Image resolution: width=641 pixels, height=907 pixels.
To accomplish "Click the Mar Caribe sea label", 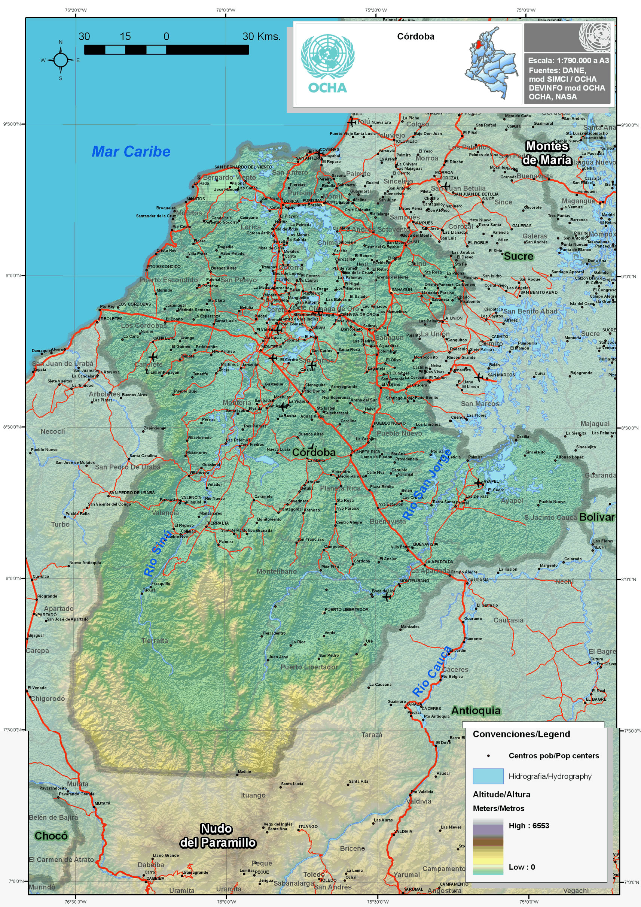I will point(131,151).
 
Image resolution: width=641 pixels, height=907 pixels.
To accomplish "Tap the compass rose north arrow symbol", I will point(60,60).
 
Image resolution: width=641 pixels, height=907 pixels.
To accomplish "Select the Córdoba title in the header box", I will point(415,36).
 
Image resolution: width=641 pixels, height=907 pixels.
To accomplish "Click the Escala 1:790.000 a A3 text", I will point(568,60).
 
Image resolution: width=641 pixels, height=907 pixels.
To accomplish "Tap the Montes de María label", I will point(547,153).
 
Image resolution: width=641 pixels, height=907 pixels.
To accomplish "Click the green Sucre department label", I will point(518,257).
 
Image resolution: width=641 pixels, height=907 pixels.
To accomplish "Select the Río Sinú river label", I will point(157,553).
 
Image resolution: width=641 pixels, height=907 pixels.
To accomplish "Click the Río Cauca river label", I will point(431,671).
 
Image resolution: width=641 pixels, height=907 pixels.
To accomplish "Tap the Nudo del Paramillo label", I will point(217,835).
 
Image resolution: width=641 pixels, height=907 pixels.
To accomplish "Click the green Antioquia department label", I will point(476,711).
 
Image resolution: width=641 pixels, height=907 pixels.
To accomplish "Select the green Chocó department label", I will point(51,835).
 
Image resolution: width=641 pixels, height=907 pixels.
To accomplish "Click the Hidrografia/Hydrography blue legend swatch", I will point(488,776).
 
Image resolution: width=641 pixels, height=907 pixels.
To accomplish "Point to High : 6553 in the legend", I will point(528,826).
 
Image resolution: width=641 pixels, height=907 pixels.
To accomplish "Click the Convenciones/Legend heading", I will point(521,734).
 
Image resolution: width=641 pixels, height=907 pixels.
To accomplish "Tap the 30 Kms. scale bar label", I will point(261,37).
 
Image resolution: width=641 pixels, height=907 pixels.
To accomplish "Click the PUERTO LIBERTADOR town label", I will point(346,609).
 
